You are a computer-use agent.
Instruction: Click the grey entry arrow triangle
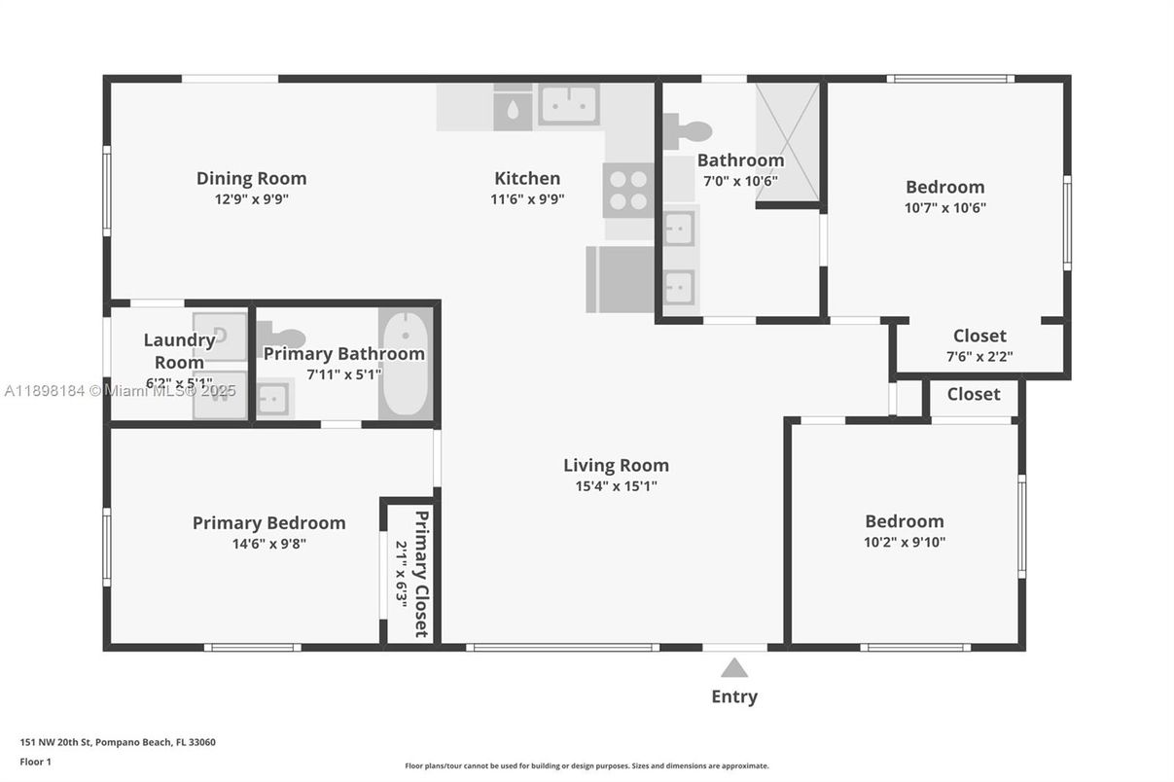click(x=734, y=667)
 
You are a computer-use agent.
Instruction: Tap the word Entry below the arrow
click(x=734, y=696)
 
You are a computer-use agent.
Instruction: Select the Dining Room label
click(x=251, y=178)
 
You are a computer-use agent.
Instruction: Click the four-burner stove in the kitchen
click(x=628, y=190)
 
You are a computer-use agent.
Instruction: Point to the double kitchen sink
click(x=569, y=105)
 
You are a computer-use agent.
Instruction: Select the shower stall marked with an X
click(x=787, y=141)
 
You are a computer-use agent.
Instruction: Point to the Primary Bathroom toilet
click(x=283, y=338)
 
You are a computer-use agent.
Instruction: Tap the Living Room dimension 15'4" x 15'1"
click(x=616, y=486)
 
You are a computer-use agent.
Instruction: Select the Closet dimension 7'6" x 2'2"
click(x=979, y=356)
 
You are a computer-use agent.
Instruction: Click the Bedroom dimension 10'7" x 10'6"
click(x=945, y=207)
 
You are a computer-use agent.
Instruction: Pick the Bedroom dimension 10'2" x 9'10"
click(x=905, y=542)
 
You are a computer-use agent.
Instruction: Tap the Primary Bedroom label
click(x=268, y=523)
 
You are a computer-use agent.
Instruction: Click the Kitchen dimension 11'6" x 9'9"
click(x=527, y=198)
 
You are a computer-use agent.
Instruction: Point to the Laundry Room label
click(x=179, y=351)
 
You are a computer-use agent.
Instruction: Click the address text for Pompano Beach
click(x=118, y=742)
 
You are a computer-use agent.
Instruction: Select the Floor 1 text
click(x=35, y=762)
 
